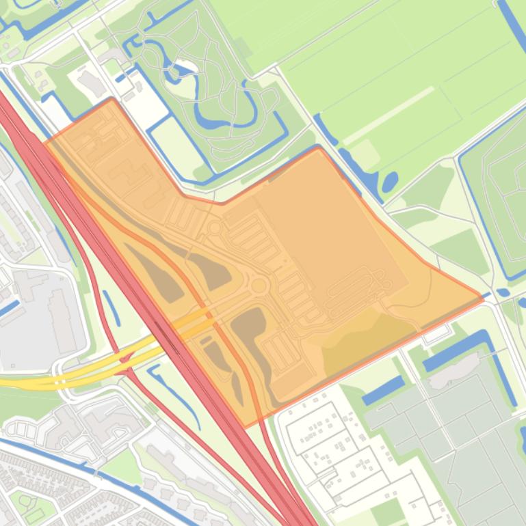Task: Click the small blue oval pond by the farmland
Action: pyautogui.click(x=390, y=182)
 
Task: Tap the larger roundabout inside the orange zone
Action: pyautogui.click(x=259, y=286)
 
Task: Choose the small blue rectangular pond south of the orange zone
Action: pyautogui.click(x=383, y=390)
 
